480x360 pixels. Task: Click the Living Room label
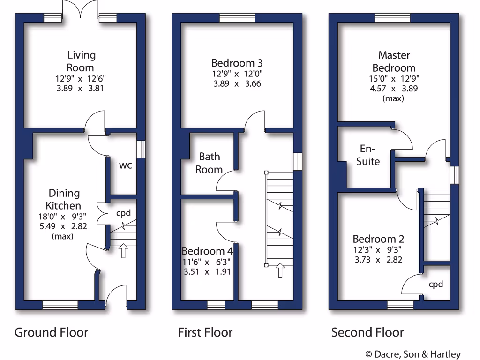(x=81, y=61)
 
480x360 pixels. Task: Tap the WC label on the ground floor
(x=125, y=165)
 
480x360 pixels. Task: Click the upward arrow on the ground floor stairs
(x=123, y=250)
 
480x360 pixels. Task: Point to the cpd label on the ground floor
(x=123, y=213)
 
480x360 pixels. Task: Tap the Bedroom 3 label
(x=237, y=63)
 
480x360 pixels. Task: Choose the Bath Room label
(x=209, y=163)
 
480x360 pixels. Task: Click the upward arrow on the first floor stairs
(x=280, y=270)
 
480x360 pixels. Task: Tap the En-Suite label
(x=368, y=155)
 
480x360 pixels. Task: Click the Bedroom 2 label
(x=378, y=239)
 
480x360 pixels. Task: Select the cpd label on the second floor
(x=435, y=284)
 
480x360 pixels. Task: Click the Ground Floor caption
(x=51, y=332)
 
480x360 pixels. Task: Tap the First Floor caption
(x=205, y=332)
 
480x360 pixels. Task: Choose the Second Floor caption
(x=367, y=332)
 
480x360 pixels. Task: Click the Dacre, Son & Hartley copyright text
(x=412, y=354)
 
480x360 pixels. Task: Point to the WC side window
(x=141, y=149)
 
